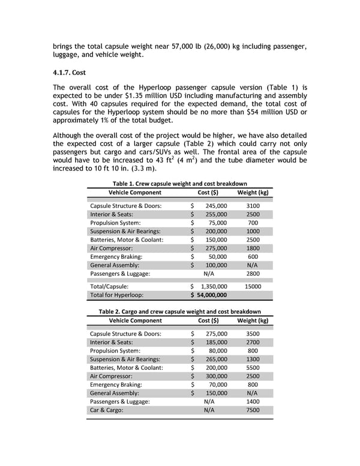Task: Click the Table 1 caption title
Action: [179, 183]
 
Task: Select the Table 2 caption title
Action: [179, 312]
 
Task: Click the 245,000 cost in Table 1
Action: [215, 205]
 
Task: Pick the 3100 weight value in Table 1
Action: [253, 205]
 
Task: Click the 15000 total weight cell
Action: [253, 286]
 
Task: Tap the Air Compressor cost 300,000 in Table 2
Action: [215, 376]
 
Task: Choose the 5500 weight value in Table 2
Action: [253, 368]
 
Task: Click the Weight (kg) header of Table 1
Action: [253, 192]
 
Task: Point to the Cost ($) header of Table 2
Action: [208, 321]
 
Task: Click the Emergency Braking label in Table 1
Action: [116, 256]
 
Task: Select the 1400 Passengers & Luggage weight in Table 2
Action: [253, 401]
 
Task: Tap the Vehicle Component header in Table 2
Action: [134, 321]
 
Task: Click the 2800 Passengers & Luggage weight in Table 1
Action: [253, 273]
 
